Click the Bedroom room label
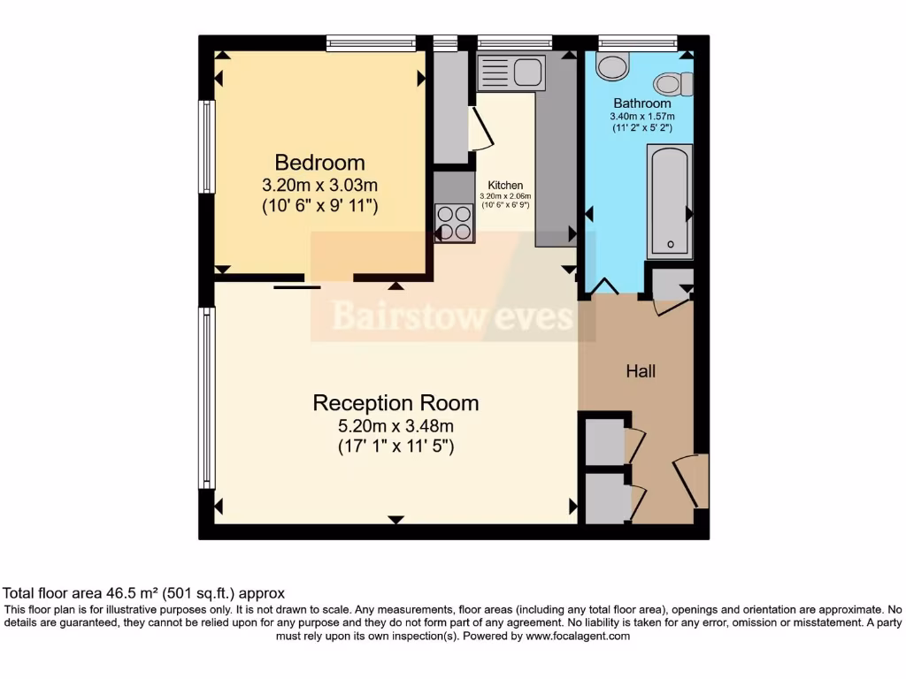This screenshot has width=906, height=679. point(319,163)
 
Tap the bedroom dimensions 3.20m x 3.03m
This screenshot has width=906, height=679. point(319,186)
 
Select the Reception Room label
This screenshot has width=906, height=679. point(395,403)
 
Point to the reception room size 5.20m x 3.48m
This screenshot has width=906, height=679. point(395,425)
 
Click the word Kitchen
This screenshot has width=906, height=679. point(505,186)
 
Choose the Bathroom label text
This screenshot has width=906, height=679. point(642,103)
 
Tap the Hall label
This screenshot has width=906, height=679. point(641,371)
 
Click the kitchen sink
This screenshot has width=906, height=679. point(511,71)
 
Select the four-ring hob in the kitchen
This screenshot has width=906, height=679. point(454,223)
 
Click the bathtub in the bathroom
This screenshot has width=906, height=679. point(669,202)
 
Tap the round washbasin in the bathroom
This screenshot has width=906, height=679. point(611,65)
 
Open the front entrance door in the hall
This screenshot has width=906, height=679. point(693,481)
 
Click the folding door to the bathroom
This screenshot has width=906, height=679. point(604,286)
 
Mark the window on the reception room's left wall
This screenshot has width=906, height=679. point(206,397)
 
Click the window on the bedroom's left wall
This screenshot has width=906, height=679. point(206,147)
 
